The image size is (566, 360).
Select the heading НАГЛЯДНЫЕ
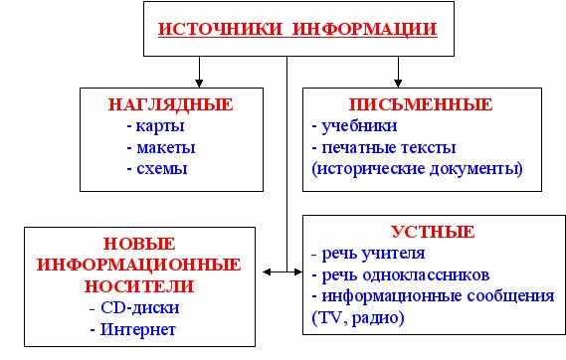[170, 103]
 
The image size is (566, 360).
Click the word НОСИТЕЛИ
[138, 286]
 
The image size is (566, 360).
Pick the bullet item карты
[155, 126]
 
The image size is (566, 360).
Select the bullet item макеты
[160, 147]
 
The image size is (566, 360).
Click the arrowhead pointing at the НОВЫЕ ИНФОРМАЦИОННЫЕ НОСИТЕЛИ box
[268, 270]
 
